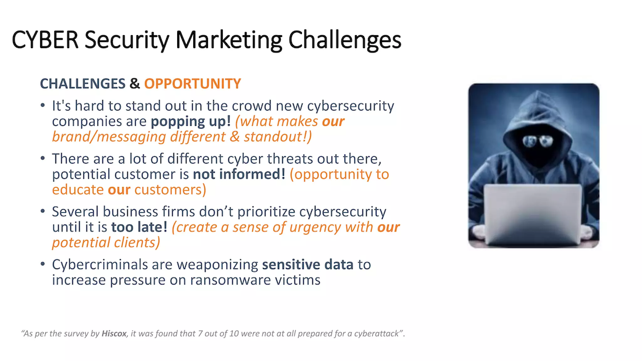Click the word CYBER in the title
pyautogui.click(x=45, y=40)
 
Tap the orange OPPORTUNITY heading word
pyautogui.click(x=193, y=84)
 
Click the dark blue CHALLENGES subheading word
pyautogui.click(x=83, y=84)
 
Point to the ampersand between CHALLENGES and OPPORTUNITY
pyautogui.click(x=135, y=84)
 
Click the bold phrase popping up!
pyautogui.click(x=191, y=122)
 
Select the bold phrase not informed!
pyautogui.click(x=239, y=174)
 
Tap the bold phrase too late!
pyautogui.click(x=140, y=226)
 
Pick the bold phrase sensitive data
pyautogui.click(x=307, y=264)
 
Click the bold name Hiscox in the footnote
pyautogui.click(x=114, y=334)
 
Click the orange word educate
pyautogui.click(x=78, y=190)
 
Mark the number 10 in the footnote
pyautogui.click(x=234, y=334)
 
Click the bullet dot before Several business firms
pyautogui.click(x=43, y=212)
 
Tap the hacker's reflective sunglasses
pyautogui.click(x=538, y=141)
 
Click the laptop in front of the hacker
pyautogui.click(x=533, y=215)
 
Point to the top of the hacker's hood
pyautogui.click(x=535, y=93)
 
